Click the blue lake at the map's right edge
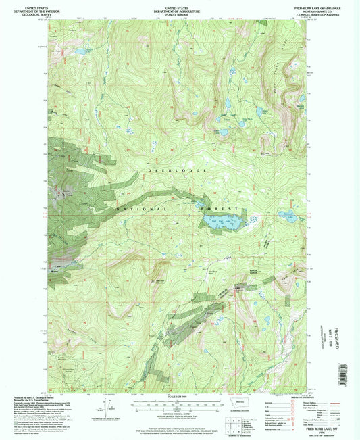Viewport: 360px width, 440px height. tap(288, 216)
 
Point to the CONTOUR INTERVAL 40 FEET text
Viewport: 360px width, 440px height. tap(177, 415)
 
